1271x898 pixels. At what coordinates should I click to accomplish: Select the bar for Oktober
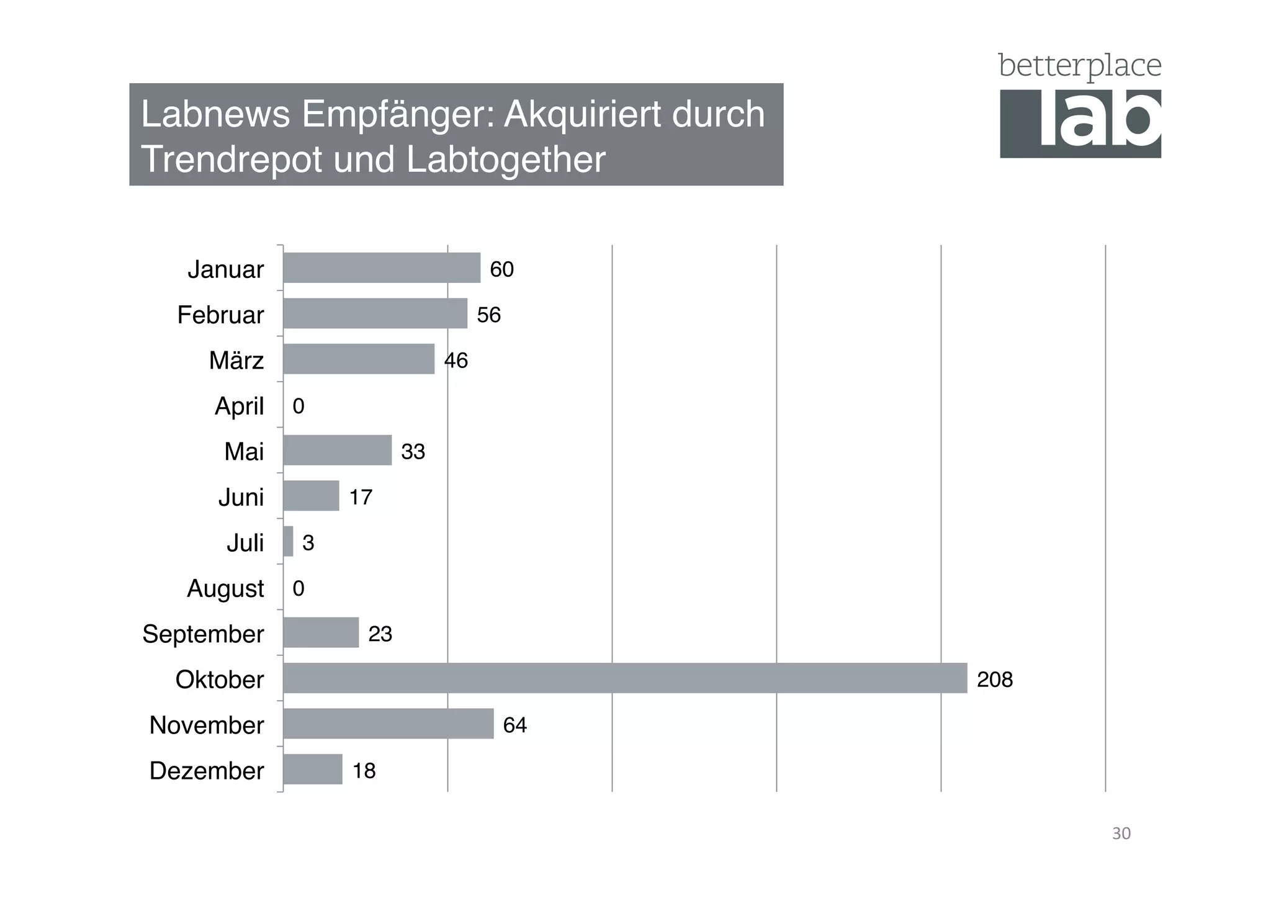pyautogui.click(x=624, y=678)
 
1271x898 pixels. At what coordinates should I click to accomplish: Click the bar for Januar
pyautogui.click(x=382, y=267)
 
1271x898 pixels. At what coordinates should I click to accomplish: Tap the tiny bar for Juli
pyautogui.click(x=288, y=541)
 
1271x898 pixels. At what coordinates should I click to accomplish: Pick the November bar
pyautogui.click(x=388, y=723)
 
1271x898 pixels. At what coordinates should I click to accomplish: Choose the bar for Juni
pyautogui.click(x=311, y=496)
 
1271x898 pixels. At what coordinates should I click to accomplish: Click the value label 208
pyautogui.click(x=994, y=680)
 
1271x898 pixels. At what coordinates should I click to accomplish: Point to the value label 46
pyautogui.click(x=456, y=361)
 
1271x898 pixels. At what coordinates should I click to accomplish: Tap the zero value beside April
pyautogui.click(x=299, y=406)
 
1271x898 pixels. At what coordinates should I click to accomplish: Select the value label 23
pyautogui.click(x=380, y=634)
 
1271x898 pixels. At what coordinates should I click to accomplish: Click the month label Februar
pyautogui.click(x=220, y=315)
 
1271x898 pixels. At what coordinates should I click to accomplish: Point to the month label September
pyautogui.click(x=203, y=634)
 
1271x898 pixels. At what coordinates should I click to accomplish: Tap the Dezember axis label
pyautogui.click(x=207, y=770)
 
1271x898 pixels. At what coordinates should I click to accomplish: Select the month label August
pyautogui.click(x=225, y=588)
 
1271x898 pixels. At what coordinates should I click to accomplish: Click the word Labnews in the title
pyautogui.click(x=215, y=114)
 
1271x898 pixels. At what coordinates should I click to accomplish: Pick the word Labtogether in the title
pyautogui.click(x=506, y=159)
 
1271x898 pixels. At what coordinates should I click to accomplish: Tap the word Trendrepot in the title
pyautogui.click(x=232, y=159)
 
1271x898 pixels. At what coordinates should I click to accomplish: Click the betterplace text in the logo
pyautogui.click(x=1079, y=66)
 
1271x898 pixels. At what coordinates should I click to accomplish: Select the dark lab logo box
pyautogui.click(x=1080, y=123)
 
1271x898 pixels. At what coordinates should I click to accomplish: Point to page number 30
pyautogui.click(x=1121, y=833)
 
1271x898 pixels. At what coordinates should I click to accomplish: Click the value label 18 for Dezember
pyautogui.click(x=364, y=771)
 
